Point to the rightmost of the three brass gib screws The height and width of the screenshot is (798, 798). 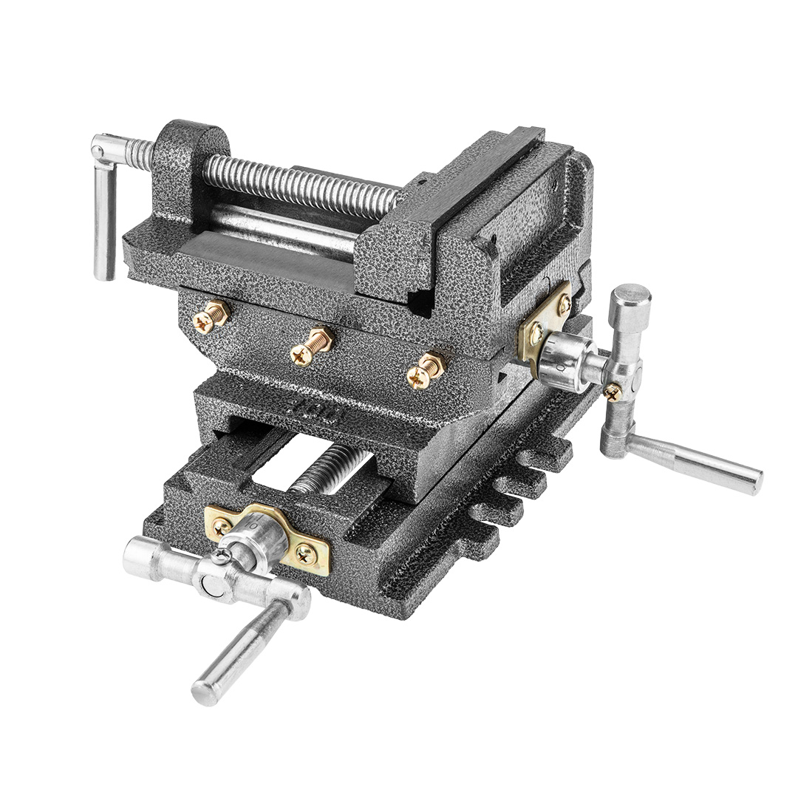[x=426, y=369]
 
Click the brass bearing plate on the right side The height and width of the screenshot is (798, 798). [x=545, y=321]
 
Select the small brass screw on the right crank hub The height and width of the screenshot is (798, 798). [x=613, y=392]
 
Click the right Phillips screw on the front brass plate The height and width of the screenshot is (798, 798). [x=306, y=552]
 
